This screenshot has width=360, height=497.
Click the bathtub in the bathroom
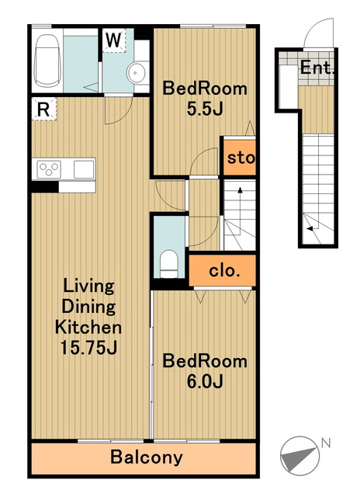[x=47, y=61]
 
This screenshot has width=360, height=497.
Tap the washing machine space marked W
[x=114, y=40]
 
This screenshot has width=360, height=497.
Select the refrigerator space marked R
[x=44, y=109]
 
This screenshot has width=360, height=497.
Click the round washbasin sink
[x=136, y=73]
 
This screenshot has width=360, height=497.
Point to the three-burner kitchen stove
[x=49, y=169]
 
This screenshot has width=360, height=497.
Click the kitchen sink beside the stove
[x=84, y=169]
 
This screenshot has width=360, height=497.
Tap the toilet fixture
[x=169, y=264]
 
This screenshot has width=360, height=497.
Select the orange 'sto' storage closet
[x=240, y=158]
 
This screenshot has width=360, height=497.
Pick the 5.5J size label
[x=205, y=109]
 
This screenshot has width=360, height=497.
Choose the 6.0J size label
[x=205, y=381]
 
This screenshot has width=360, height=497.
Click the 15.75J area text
[x=88, y=348]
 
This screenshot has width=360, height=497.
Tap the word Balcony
[x=147, y=457]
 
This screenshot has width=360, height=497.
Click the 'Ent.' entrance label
[x=317, y=68]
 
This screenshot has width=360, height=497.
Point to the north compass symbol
[x=299, y=456]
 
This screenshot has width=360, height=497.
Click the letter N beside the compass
[x=326, y=443]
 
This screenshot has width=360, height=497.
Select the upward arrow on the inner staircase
[x=240, y=210]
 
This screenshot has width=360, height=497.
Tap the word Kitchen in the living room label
[x=88, y=327]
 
